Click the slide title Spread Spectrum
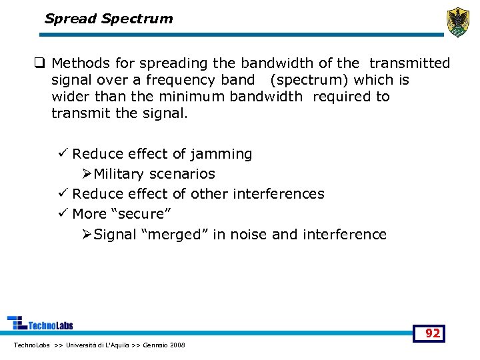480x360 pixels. click(108, 19)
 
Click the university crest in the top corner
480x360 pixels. click(457, 22)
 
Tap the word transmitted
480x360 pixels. click(409, 63)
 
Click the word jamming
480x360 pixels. click(221, 154)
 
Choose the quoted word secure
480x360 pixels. click(141, 214)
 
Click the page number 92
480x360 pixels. click(433, 333)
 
